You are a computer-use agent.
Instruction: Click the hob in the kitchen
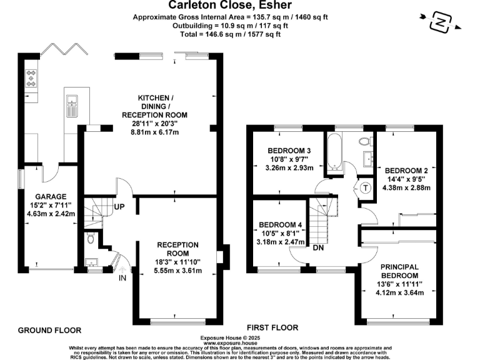click(x=31, y=77)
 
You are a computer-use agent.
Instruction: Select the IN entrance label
click(x=122, y=277)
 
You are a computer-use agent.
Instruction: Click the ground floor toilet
click(x=91, y=238)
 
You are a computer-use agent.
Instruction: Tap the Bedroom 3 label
click(x=289, y=151)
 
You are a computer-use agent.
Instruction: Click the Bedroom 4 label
click(x=280, y=225)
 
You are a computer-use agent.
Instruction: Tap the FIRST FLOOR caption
click(x=272, y=327)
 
